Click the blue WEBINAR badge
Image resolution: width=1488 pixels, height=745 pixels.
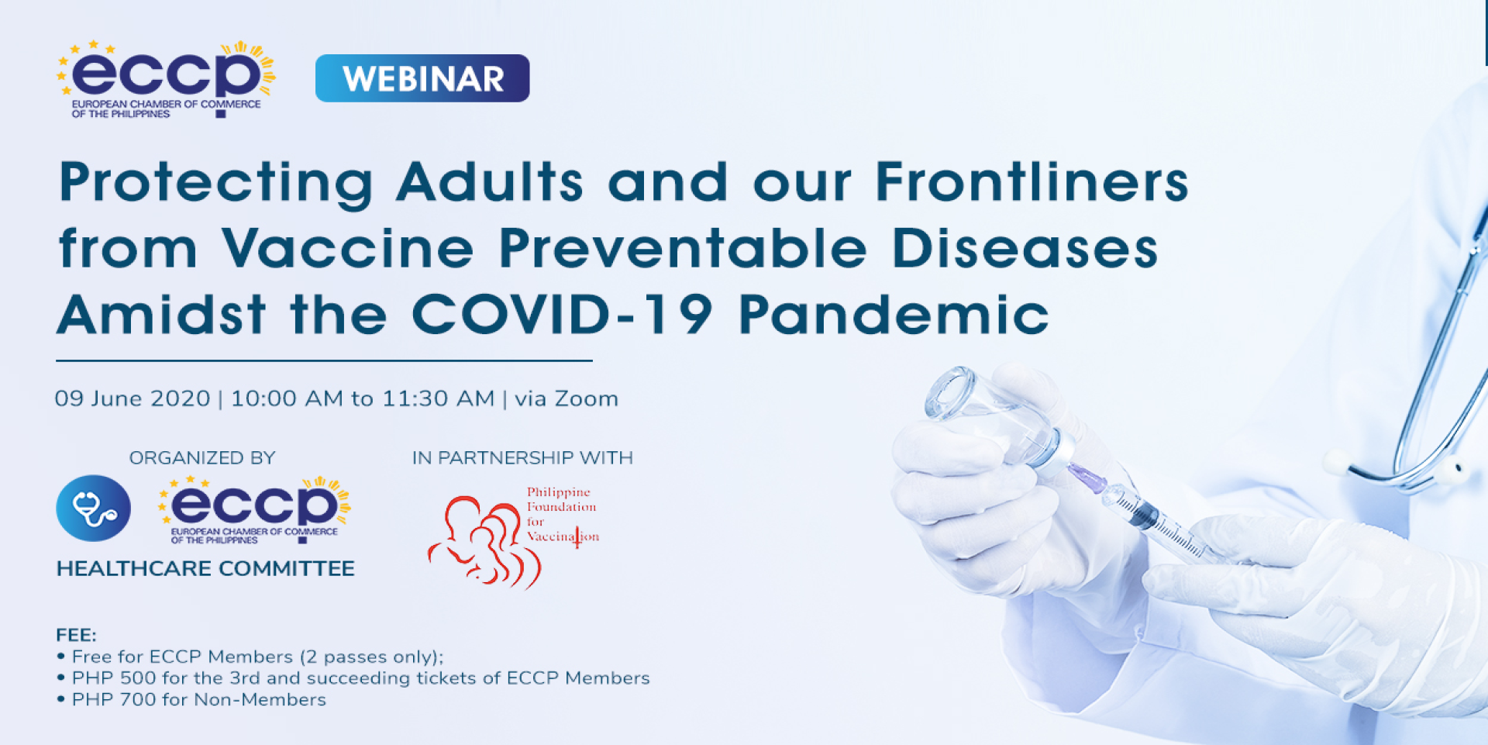click(x=422, y=78)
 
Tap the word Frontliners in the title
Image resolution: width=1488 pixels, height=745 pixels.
click(x=1032, y=181)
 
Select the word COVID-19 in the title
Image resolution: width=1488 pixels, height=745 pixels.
click(x=562, y=315)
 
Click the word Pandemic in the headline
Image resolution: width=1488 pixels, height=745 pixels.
click(x=894, y=315)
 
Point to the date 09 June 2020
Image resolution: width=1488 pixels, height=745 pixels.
click(x=133, y=398)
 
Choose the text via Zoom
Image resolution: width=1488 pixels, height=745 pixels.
click(x=567, y=398)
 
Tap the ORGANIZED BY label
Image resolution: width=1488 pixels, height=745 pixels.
click(x=202, y=458)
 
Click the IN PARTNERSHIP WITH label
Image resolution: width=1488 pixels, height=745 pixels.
click(x=522, y=458)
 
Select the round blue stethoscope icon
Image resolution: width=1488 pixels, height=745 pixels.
click(x=94, y=509)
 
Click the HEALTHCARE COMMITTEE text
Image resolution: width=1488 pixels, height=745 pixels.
click(x=205, y=568)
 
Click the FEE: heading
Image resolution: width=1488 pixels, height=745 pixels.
click(x=76, y=635)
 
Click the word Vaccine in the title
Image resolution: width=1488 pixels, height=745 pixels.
click(x=348, y=248)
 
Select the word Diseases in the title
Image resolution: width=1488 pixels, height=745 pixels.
click(x=1025, y=248)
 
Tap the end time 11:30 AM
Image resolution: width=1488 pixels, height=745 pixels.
click(x=439, y=398)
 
